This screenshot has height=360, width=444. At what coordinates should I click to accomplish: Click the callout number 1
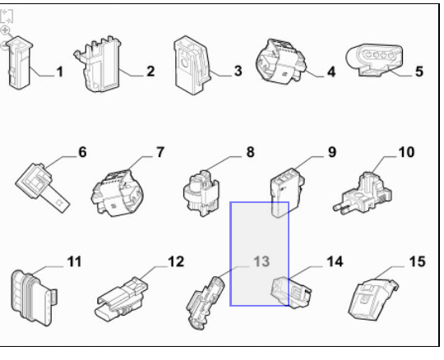pos(60,72)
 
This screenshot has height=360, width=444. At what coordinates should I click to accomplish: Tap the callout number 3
pos(238,71)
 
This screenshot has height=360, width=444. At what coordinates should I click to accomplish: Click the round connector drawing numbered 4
pos(281,62)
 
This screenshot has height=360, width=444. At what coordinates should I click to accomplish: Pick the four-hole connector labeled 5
pos(374,60)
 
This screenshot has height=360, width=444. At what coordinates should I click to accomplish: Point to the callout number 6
pos(82,152)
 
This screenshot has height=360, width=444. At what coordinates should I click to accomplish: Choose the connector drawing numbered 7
pos(118,193)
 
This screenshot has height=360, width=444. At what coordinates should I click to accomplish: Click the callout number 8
pos(250,152)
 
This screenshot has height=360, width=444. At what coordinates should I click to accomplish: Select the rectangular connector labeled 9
pos(287,192)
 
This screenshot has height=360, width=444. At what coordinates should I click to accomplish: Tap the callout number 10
pos(406,152)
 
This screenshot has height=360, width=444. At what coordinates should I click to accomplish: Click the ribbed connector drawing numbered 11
pos(34,298)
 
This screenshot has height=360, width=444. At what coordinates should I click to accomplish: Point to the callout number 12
pos(176,262)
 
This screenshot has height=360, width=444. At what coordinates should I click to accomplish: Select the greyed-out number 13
pos(261,262)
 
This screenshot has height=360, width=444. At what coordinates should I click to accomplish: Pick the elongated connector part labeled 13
pos(206,303)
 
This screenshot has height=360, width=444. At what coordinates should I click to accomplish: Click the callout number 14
pos(335,262)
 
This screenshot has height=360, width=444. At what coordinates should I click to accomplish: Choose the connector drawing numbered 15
pos(373,300)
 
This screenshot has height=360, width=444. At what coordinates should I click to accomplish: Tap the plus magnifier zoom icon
pos(5,30)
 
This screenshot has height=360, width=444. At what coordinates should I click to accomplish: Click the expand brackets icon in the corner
pos(7,16)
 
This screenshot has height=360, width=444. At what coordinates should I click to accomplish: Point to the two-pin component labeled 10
pos(363,193)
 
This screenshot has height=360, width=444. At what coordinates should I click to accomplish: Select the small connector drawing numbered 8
pos(201,194)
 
